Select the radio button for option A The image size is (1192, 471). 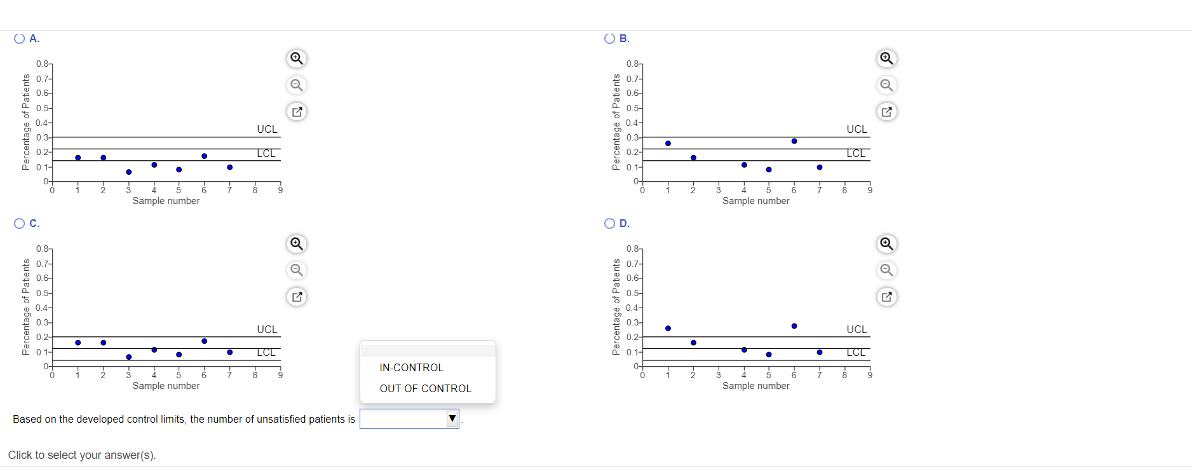19,39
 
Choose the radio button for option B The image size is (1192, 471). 609,39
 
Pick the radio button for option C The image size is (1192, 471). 19,224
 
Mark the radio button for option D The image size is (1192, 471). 609,224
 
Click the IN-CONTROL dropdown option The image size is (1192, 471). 411,367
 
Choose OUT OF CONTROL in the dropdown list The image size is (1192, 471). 425,388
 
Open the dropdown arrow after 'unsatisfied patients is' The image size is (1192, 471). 452,418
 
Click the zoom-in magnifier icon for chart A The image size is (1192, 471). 296,58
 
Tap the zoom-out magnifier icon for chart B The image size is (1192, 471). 886,85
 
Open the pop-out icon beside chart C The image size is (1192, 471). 296,297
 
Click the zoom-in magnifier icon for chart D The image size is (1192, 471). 886,243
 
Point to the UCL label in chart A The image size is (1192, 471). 267,129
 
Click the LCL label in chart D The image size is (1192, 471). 856,353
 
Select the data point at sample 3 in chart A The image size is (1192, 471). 128,172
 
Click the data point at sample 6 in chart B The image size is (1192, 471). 794,141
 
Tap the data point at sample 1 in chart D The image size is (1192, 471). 668,328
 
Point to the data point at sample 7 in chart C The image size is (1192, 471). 229,352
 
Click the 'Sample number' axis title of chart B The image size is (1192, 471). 755,201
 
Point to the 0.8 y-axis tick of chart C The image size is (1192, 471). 43,249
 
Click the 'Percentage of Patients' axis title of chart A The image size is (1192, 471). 26,122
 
